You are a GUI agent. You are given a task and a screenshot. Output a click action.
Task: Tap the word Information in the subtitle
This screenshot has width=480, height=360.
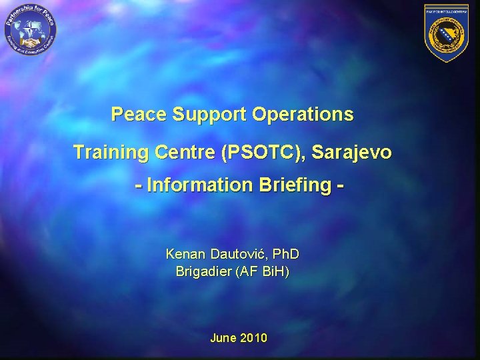point(198,185)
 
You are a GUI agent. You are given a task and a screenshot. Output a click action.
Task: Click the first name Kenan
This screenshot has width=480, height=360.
point(186,254)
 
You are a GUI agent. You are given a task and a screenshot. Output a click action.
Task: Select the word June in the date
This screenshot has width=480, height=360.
point(223,338)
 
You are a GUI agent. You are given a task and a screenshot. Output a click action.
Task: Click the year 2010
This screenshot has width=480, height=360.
point(253,338)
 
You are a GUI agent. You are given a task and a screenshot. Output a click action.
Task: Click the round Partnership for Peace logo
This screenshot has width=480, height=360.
point(31,31)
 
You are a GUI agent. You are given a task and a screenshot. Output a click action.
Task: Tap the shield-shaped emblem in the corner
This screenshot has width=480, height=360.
point(447,32)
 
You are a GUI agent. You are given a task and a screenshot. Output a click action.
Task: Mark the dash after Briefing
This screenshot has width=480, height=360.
point(341,185)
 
